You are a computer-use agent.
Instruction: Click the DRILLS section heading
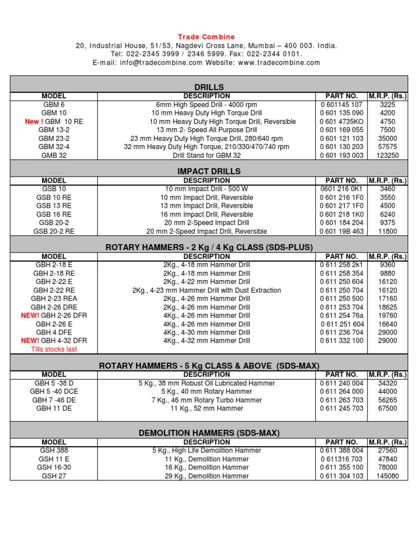(x=209, y=87)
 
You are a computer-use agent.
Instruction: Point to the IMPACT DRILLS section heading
(x=209, y=171)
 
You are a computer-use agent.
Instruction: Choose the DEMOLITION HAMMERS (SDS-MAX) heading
(x=209, y=433)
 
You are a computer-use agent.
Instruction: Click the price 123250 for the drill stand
(x=388, y=155)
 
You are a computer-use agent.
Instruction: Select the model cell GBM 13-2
(x=53, y=130)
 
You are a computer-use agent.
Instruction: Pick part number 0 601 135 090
(x=341, y=113)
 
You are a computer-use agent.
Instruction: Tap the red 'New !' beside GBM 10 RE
(x=34, y=122)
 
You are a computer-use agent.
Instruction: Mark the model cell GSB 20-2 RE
(x=53, y=231)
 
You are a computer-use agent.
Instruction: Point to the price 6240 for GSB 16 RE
(x=388, y=214)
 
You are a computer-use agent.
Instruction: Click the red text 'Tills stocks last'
(x=54, y=349)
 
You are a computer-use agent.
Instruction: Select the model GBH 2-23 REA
(x=53, y=299)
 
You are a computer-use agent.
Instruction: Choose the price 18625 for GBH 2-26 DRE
(x=388, y=307)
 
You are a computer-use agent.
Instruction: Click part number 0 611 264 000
(x=341, y=392)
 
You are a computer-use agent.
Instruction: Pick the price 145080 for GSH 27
(x=388, y=476)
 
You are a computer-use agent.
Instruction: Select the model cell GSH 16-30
(x=53, y=467)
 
